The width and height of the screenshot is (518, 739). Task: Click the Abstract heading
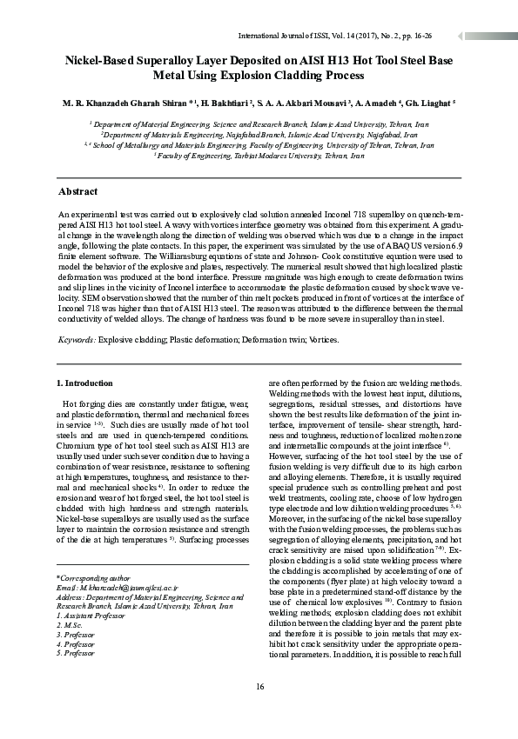(77, 190)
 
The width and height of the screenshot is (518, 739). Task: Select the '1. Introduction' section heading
(84, 383)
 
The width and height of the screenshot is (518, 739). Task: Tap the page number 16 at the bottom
(259, 688)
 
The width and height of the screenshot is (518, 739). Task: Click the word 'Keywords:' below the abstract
(77, 340)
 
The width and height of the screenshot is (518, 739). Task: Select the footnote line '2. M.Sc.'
(69, 626)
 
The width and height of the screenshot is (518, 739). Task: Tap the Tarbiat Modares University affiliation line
(259, 155)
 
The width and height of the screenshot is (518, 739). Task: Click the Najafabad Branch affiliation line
(259, 135)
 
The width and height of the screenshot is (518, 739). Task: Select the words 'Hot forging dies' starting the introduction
(92, 405)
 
